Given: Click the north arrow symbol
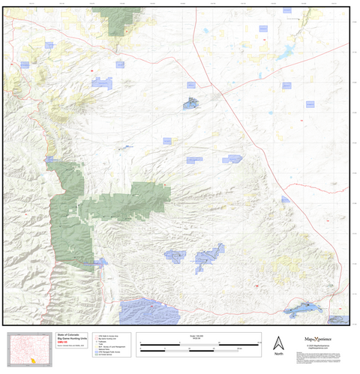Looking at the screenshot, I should tap(278, 342).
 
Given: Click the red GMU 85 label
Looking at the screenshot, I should tap(63, 345).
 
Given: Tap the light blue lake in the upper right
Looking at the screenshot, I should tap(286, 54).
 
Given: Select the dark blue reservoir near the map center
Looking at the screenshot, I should tap(191, 104).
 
